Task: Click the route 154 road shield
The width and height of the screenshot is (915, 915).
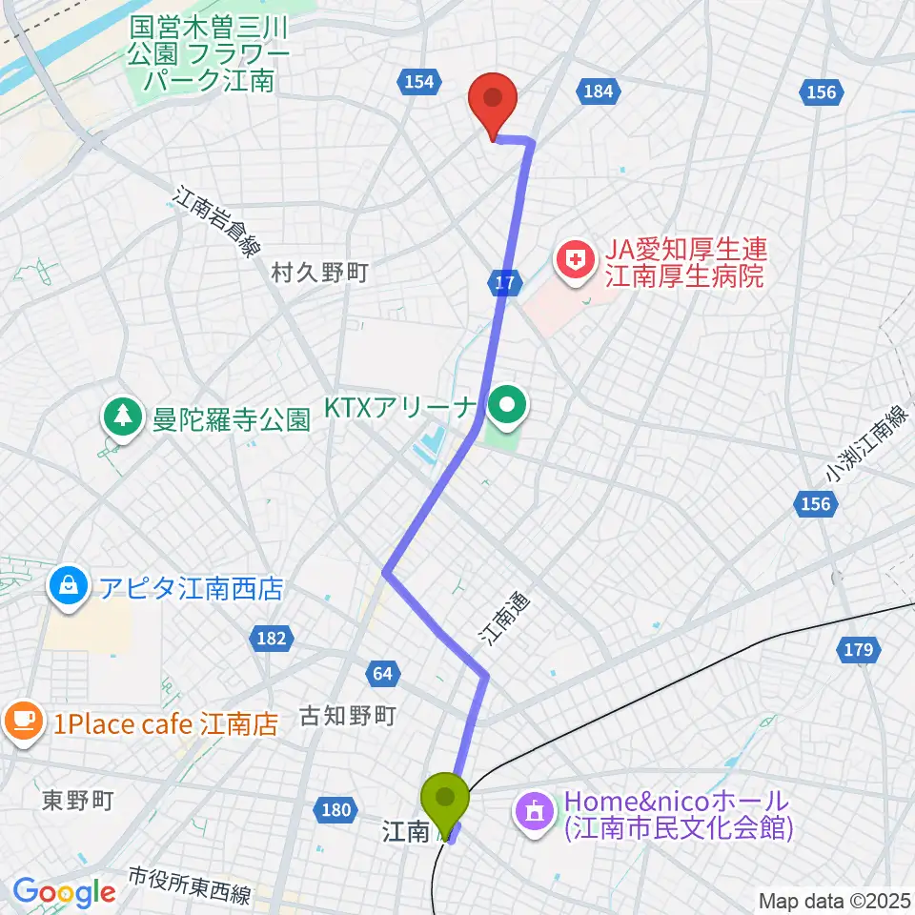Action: pyautogui.click(x=419, y=82)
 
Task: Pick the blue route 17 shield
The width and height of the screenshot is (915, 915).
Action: pyautogui.click(x=507, y=281)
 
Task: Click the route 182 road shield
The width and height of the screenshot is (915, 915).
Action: pyautogui.click(x=271, y=638)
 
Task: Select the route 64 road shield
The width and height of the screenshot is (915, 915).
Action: pyautogui.click(x=382, y=674)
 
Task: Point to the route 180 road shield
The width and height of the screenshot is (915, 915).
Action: pyautogui.click(x=335, y=810)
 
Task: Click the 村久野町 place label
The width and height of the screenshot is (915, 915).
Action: pyautogui.click(x=319, y=274)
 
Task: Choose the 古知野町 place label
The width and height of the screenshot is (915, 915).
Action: pyautogui.click(x=347, y=715)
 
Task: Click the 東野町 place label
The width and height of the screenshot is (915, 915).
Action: pyautogui.click(x=78, y=801)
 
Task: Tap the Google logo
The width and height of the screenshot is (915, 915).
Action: pyautogui.click(x=64, y=892)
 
